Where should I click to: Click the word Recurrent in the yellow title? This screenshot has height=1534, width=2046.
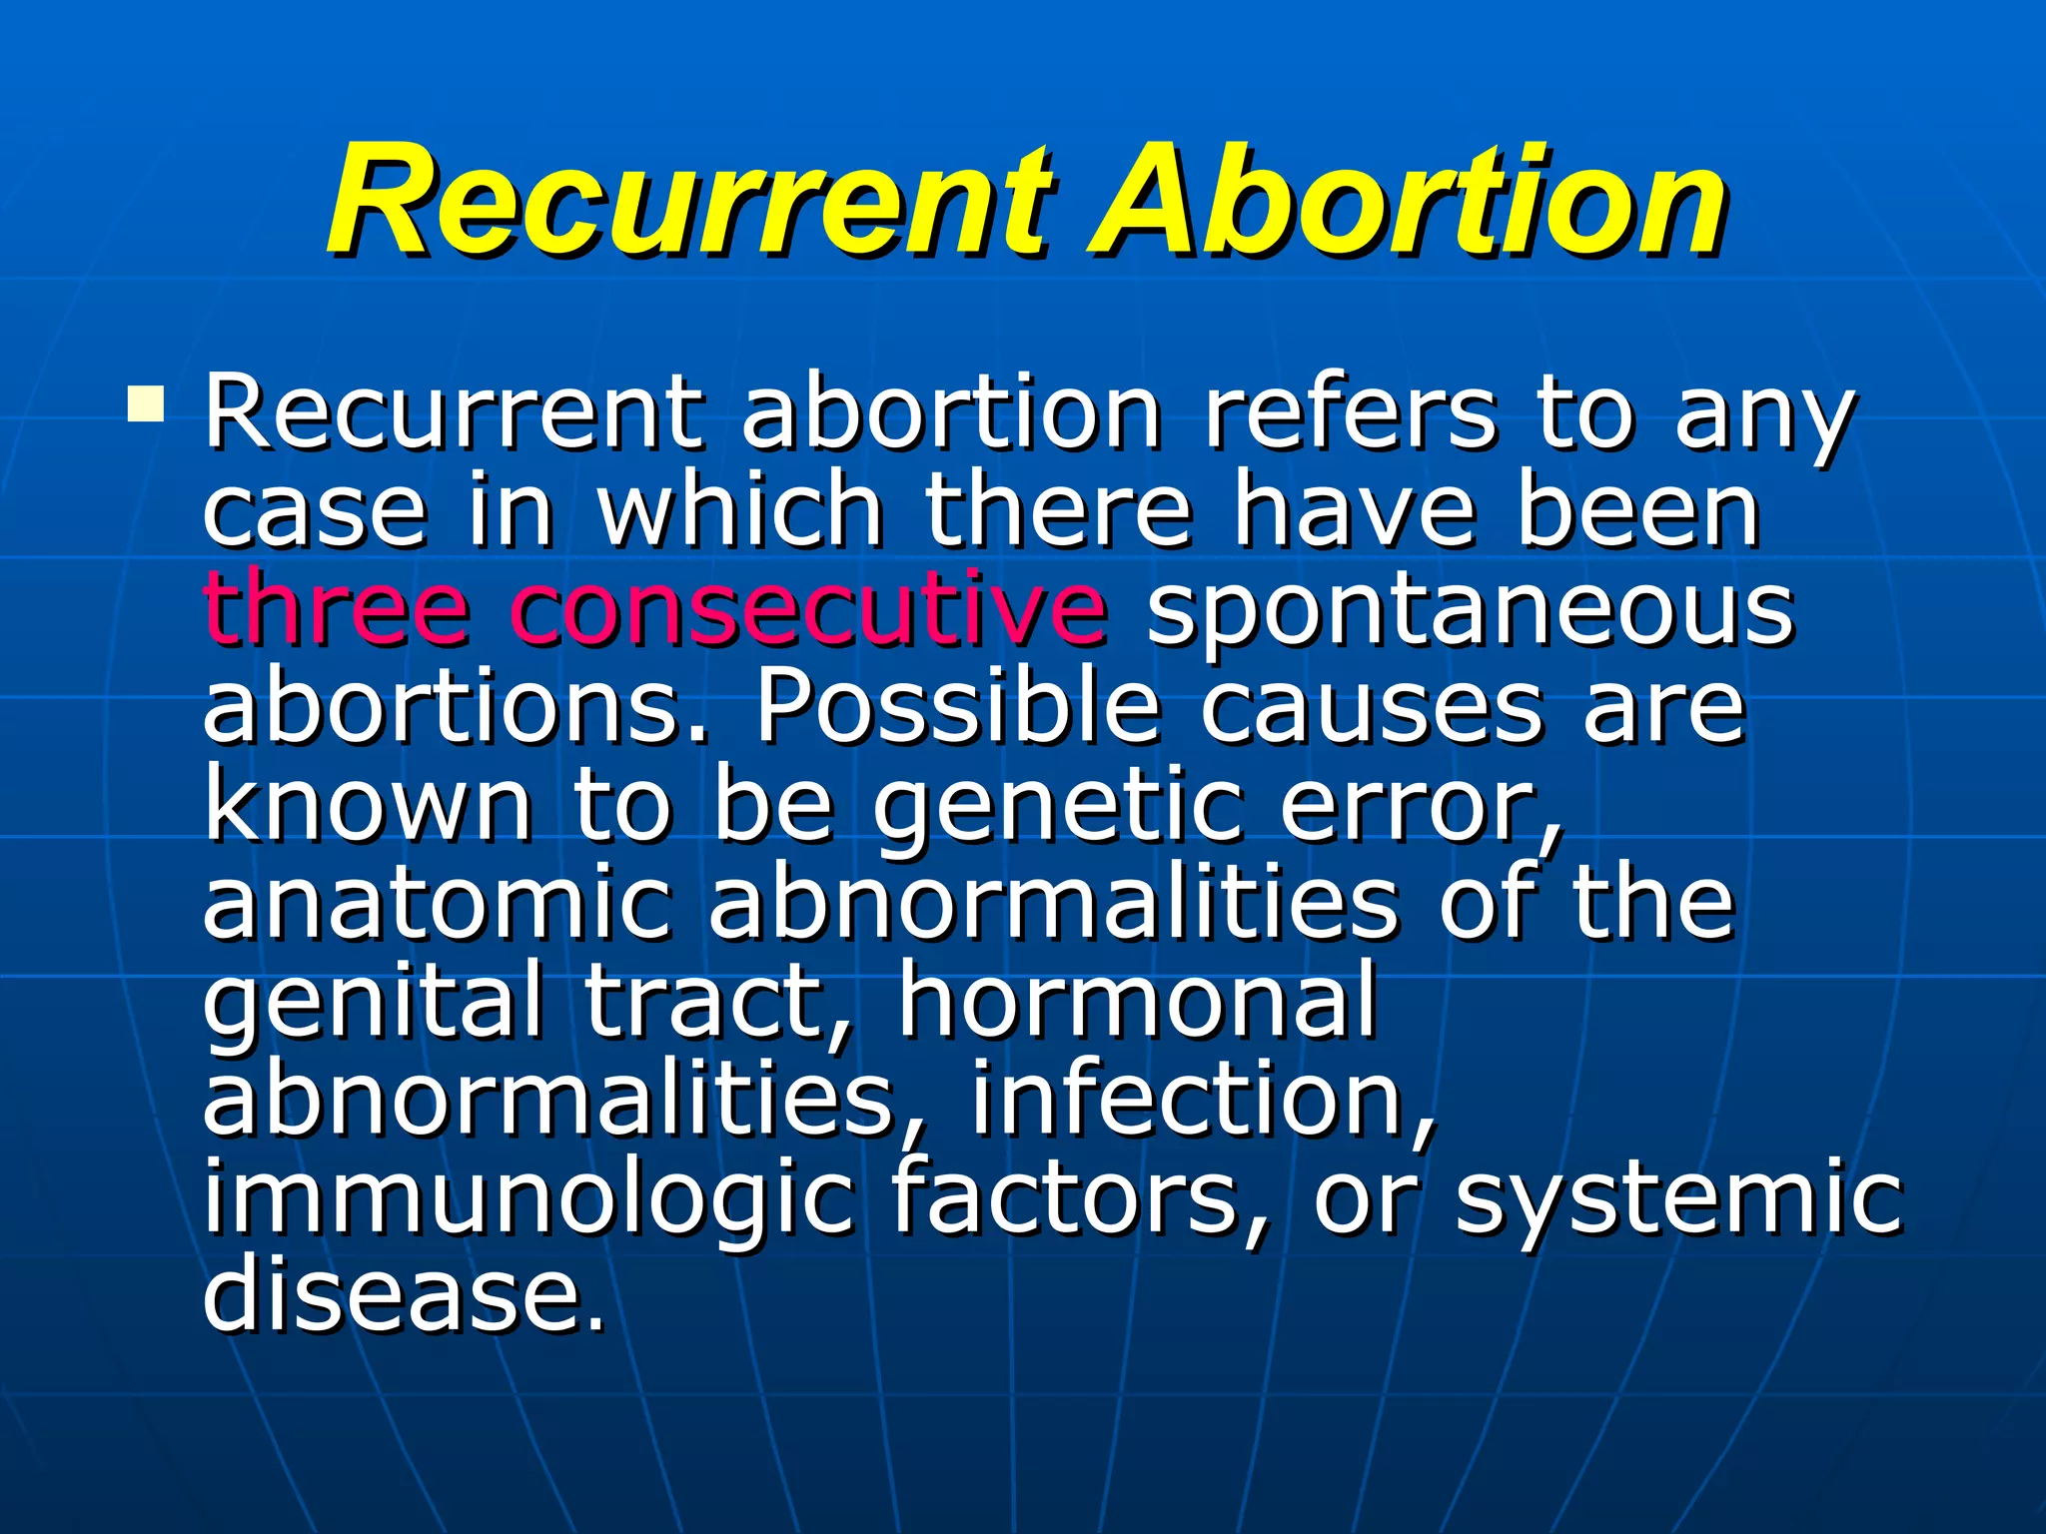pyautogui.click(x=688, y=200)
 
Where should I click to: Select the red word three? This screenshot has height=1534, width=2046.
pyautogui.click(x=336, y=607)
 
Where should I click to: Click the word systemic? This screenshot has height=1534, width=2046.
pyautogui.click(x=1678, y=1196)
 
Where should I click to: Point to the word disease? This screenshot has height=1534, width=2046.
pyautogui.click(x=404, y=1292)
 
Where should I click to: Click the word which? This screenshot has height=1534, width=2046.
pyautogui.click(x=739, y=509)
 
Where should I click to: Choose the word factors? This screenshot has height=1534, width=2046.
pyautogui.click(x=1079, y=1196)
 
